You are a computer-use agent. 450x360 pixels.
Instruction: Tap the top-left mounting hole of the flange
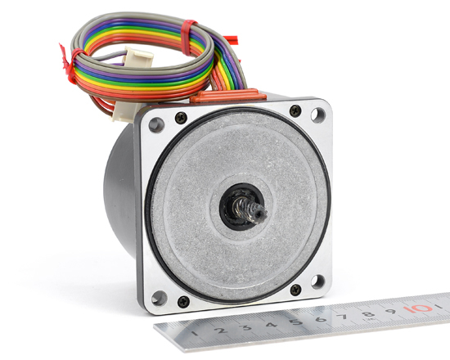[x=156, y=125]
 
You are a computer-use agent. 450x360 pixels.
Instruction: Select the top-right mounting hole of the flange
[x=318, y=115]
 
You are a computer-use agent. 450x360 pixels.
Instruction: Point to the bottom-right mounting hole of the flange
[x=318, y=282]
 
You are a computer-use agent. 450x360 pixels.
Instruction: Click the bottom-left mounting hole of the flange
[x=159, y=298]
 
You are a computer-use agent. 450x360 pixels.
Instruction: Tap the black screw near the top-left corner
[x=181, y=118]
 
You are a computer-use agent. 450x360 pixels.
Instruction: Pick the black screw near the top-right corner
[x=295, y=110]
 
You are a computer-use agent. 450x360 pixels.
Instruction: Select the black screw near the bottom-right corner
[x=295, y=290]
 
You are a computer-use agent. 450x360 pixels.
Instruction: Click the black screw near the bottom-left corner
[x=183, y=302]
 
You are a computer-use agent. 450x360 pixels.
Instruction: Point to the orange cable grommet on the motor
[x=228, y=96]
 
